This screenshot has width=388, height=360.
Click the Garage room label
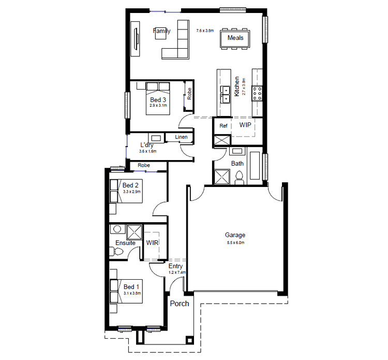(x=235, y=235)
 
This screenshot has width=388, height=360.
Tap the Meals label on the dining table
(x=235, y=38)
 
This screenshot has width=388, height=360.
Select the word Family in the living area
(x=161, y=31)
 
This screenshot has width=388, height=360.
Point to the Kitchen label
(x=237, y=87)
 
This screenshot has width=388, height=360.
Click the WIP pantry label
(x=245, y=125)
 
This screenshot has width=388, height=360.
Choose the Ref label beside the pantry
(x=223, y=126)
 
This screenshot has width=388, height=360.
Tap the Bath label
(x=237, y=164)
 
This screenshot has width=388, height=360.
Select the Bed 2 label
(x=130, y=185)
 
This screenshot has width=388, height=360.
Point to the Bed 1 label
(x=131, y=286)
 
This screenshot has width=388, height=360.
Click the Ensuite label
(x=125, y=242)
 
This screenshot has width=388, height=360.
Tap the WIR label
(x=152, y=242)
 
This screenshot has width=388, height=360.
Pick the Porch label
(x=180, y=304)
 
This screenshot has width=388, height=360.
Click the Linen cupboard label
(x=181, y=137)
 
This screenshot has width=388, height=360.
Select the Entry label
(x=176, y=266)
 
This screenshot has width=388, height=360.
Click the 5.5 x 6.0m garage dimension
(x=235, y=242)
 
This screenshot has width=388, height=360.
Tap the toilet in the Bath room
(x=239, y=178)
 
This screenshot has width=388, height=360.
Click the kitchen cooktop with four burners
(x=257, y=93)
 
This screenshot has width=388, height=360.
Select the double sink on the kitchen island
(x=225, y=94)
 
